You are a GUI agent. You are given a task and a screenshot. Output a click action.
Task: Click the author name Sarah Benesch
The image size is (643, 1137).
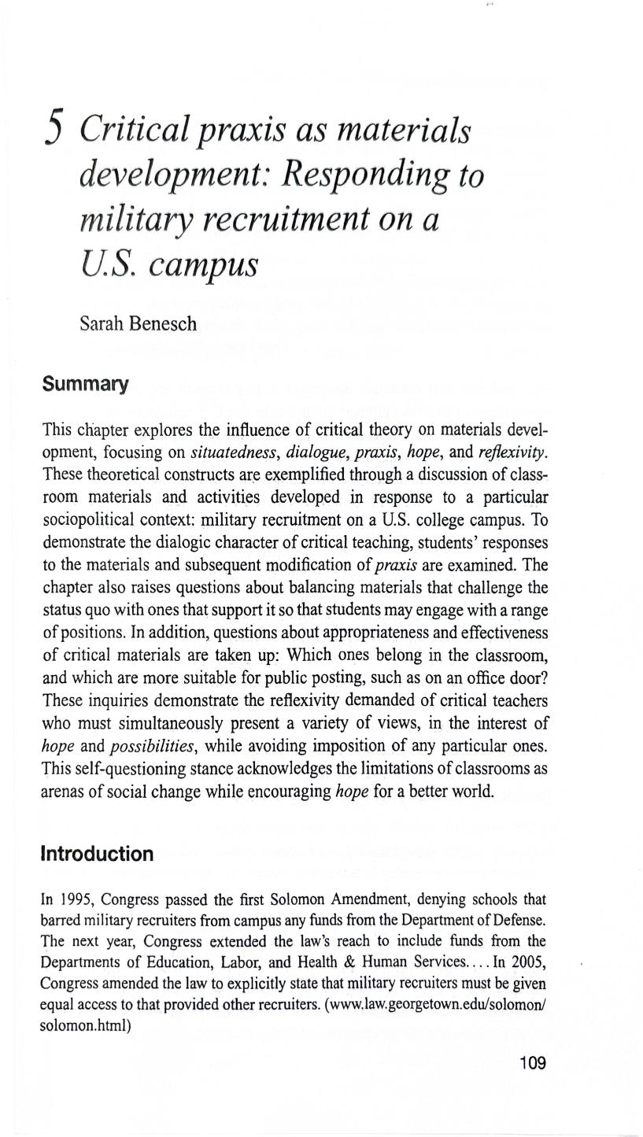138,323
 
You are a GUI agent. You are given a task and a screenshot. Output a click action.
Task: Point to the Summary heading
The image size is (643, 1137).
85,384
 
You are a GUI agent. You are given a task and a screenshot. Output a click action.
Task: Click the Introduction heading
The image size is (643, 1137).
97,854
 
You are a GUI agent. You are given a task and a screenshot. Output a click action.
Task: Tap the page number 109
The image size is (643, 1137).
532,1063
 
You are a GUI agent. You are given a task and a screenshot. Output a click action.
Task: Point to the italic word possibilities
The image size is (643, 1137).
150,746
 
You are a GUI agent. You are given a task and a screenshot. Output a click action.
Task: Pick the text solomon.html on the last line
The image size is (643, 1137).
84,1025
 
